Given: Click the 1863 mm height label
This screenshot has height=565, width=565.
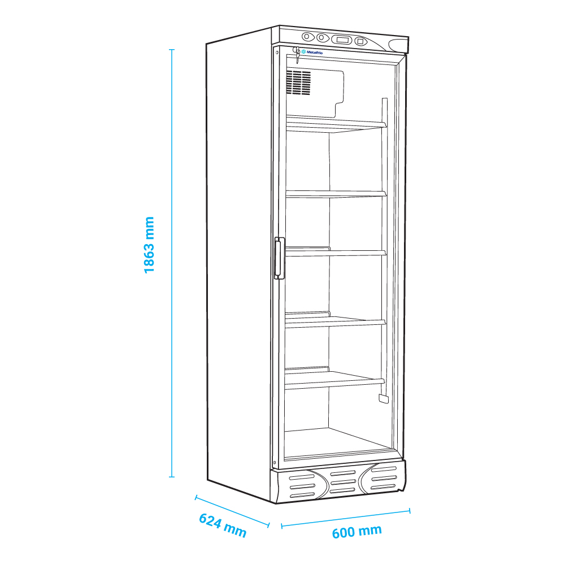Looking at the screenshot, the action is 149,245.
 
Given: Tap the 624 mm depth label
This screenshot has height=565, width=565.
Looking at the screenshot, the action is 223,525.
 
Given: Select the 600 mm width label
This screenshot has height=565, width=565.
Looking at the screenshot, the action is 357,532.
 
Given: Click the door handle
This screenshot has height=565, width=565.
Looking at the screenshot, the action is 279,258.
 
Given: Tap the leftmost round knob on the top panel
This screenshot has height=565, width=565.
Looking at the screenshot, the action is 307,36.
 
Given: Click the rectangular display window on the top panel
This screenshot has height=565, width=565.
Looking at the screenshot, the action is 341,40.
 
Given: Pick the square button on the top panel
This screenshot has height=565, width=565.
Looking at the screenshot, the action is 360,41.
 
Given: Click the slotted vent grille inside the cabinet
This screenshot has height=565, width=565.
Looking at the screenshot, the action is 299,82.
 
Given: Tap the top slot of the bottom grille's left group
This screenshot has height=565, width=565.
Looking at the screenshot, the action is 302,477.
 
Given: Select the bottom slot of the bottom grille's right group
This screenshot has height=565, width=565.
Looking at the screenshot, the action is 384,487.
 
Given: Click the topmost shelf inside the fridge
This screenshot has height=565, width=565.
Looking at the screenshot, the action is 336,124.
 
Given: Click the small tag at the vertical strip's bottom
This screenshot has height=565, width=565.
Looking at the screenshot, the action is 384,398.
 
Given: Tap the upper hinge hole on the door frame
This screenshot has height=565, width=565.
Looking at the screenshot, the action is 277,53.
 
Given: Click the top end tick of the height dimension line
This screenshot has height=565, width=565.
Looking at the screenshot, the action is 172,49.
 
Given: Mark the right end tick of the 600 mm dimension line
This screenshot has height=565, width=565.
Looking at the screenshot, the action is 410,510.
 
